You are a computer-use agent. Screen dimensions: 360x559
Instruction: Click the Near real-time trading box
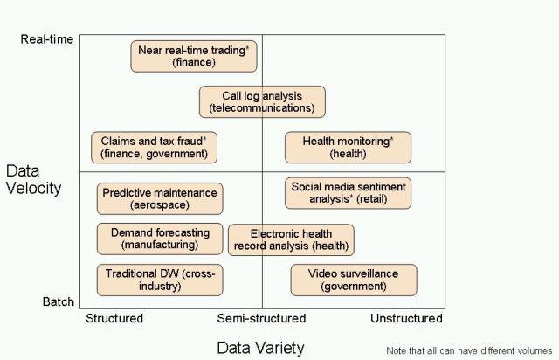tap(193, 56)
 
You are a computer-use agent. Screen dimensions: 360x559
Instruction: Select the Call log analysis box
tap(262, 101)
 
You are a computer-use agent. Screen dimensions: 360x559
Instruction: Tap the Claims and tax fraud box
tap(154, 147)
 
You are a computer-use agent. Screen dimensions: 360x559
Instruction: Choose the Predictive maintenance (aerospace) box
tap(160, 198)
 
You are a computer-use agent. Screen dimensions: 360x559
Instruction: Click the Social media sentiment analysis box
tap(348, 192)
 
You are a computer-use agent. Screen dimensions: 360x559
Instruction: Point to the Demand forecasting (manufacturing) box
tap(160, 239)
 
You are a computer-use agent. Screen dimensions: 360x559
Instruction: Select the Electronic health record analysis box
tap(291, 239)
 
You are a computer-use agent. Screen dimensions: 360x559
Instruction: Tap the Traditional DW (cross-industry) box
tap(160, 280)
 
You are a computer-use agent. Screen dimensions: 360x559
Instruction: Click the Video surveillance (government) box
tap(353, 280)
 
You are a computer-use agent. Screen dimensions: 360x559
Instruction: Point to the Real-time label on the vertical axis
tap(47, 39)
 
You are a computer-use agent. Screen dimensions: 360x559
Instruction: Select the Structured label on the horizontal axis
tap(114, 318)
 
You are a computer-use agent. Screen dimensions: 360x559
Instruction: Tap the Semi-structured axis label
tap(261, 318)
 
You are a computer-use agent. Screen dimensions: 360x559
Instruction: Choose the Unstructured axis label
tap(406, 318)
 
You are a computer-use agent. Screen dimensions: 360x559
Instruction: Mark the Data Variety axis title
tap(261, 347)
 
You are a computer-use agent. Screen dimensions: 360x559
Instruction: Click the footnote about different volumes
tap(469, 350)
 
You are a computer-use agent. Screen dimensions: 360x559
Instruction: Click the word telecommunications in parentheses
tap(262, 108)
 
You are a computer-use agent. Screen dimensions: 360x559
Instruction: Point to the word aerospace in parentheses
tap(160, 205)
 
